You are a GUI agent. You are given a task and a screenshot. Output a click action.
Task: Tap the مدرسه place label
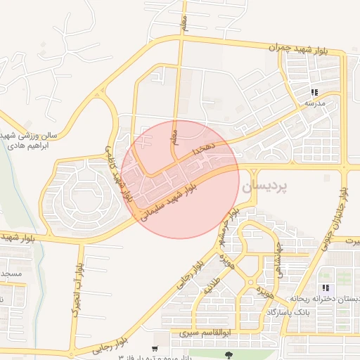click(x=314, y=103)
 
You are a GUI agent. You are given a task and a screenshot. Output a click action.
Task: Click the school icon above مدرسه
click(x=314, y=92)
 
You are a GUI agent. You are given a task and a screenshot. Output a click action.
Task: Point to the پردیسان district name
click(x=266, y=188)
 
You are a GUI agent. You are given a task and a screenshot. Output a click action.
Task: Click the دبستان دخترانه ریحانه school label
click(x=326, y=299)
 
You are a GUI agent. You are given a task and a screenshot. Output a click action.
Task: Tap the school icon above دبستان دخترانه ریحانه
click(x=325, y=288)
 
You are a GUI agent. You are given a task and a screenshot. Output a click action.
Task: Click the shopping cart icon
click(x=155, y=349)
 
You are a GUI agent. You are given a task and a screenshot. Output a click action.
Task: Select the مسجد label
click(x=11, y=273)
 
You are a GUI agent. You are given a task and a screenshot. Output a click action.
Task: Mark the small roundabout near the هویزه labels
click(x=250, y=283)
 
